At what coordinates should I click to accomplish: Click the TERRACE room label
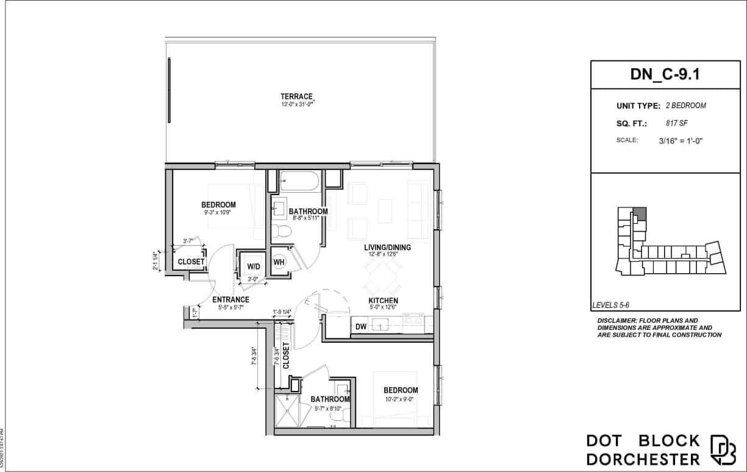point(296,96)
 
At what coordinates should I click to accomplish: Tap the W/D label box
point(253,266)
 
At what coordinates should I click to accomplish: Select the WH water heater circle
point(279,262)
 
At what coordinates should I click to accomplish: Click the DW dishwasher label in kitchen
point(361,327)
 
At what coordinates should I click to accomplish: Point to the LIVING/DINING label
point(387,248)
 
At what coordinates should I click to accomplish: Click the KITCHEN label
point(383,301)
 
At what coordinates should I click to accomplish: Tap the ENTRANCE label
point(231,299)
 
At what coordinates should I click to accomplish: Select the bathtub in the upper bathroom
point(299,181)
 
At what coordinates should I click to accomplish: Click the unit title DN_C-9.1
point(665,75)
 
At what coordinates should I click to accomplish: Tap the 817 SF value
point(677,123)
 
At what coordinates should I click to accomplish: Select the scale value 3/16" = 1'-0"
point(686,140)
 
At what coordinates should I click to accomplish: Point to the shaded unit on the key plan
point(639,213)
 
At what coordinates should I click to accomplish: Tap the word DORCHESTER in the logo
point(643,459)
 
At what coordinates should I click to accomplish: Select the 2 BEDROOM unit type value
point(686,105)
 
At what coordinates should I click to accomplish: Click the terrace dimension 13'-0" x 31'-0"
point(296,105)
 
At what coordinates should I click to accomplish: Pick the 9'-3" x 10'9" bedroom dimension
point(218,213)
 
